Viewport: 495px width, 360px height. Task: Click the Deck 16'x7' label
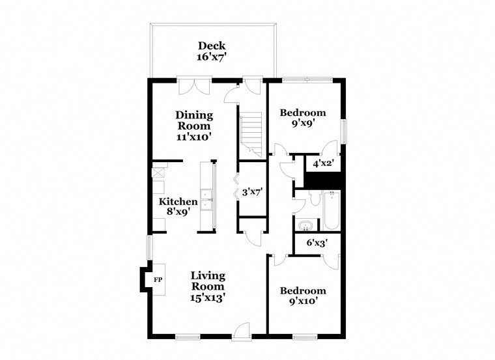[x=212, y=51]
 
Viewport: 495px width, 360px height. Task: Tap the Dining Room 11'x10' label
[x=193, y=126]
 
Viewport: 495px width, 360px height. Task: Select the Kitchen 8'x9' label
[x=178, y=206]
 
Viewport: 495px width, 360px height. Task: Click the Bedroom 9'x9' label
[x=302, y=118]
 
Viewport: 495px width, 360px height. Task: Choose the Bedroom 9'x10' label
[x=302, y=296]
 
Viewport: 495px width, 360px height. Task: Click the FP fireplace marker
[x=157, y=279]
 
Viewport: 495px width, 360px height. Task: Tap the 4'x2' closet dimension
[x=323, y=164]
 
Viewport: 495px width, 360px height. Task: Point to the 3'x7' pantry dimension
[x=253, y=193]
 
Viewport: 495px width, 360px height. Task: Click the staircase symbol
[x=251, y=133]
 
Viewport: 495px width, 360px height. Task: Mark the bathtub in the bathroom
[x=331, y=210]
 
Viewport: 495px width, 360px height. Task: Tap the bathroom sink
[x=305, y=226]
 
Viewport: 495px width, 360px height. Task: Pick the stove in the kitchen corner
[x=158, y=173]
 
